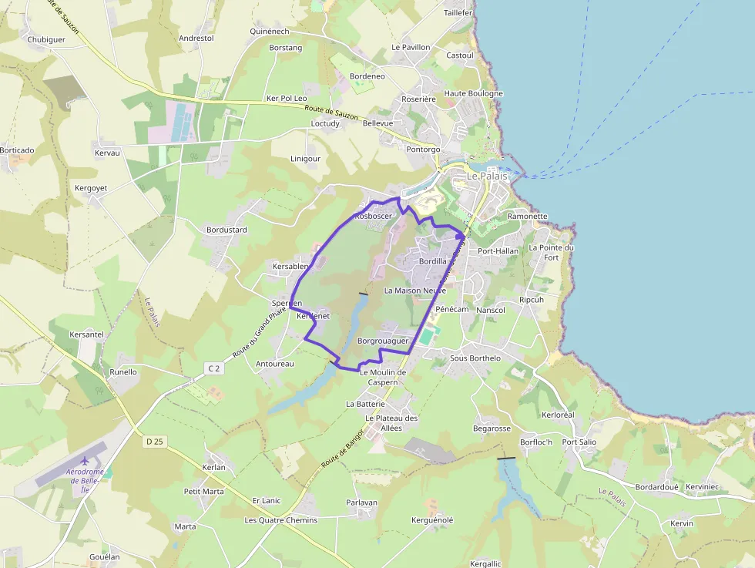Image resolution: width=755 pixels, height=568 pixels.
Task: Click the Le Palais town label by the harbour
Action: pyautogui.click(x=488, y=176)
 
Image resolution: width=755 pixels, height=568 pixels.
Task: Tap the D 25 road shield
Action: pyautogui.click(x=154, y=442)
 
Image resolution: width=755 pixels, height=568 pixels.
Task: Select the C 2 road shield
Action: pyautogui.click(x=214, y=369)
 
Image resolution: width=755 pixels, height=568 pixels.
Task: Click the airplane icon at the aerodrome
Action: pyautogui.click(x=85, y=461)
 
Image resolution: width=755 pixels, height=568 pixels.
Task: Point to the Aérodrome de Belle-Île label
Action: pyautogui.click(x=85, y=480)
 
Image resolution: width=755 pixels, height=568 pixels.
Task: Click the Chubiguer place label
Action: pyautogui.click(x=46, y=39)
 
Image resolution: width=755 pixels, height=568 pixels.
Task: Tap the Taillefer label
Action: pyautogui.click(x=458, y=13)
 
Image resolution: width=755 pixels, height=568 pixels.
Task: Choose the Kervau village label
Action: pyautogui.click(x=107, y=153)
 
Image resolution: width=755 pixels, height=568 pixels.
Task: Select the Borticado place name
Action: pyautogui.click(x=17, y=150)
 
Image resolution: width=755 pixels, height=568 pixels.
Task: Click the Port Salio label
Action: pyautogui.click(x=579, y=442)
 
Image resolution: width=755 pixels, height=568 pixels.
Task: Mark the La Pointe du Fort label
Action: pyautogui.click(x=552, y=253)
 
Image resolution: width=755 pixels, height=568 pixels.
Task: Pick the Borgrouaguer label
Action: pyautogui.click(x=383, y=340)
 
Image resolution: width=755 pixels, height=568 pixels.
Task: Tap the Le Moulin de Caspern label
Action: pyautogui.click(x=383, y=377)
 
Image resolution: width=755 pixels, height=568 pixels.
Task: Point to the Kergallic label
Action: pyautogui.click(x=485, y=563)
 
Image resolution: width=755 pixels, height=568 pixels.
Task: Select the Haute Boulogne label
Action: pyautogui.click(x=474, y=93)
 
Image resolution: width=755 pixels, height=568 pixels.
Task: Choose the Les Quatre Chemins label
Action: pyautogui.click(x=281, y=520)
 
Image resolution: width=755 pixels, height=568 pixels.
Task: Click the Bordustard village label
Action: pyautogui.click(x=226, y=230)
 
